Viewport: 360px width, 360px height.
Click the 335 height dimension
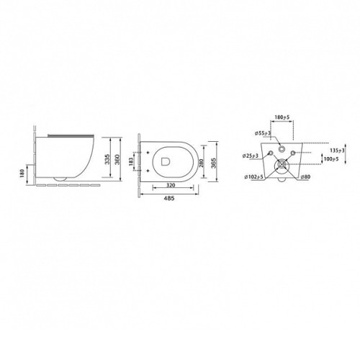click(x=107, y=159)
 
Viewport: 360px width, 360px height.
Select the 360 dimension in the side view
click(x=117, y=159)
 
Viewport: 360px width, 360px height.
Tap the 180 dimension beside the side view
click(x=22, y=173)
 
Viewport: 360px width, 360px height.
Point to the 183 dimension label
click(x=131, y=161)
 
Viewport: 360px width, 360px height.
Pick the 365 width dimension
click(x=214, y=163)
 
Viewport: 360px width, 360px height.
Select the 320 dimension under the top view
click(x=171, y=185)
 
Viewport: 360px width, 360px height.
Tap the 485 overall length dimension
click(x=169, y=198)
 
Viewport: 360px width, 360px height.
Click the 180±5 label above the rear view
click(x=282, y=117)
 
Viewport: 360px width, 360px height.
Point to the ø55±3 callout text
click(x=263, y=133)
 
